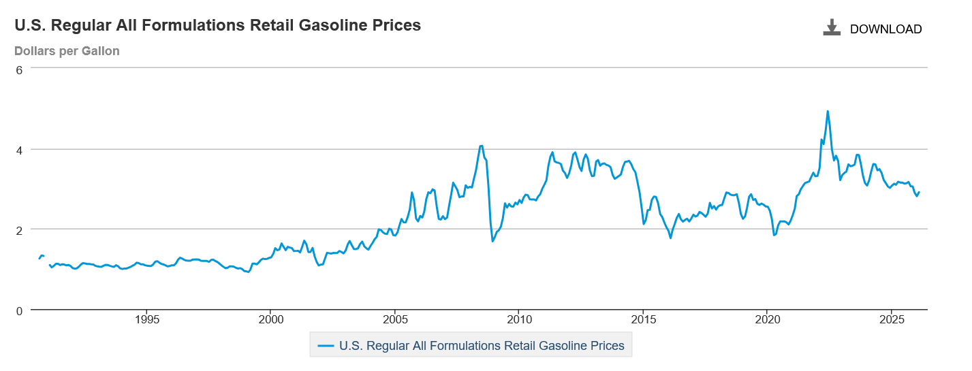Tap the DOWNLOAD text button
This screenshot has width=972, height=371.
tap(885, 29)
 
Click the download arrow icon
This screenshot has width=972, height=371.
tap(832, 28)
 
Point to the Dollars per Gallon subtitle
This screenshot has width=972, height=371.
tap(67, 51)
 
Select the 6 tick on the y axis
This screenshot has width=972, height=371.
tap(20, 69)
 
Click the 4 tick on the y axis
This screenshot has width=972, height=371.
tap(20, 149)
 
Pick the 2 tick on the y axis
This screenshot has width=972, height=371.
tap(20, 229)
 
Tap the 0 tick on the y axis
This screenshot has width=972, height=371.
tap(20, 310)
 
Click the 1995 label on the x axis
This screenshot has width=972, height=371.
tap(146, 319)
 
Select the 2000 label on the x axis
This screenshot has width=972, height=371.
tap(270, 319)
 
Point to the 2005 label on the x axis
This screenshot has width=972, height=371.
tap(395, 319)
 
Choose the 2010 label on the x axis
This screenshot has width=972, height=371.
tap(519, 319)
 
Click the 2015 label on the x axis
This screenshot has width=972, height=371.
tap(644, 319)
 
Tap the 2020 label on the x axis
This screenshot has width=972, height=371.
tap(768, 319)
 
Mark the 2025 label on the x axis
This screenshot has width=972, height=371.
tap(892, 319)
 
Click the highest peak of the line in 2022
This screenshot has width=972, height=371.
tap(828, 111)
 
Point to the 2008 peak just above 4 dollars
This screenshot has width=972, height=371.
tap(481, 146)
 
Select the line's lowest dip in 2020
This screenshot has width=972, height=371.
tap(774, 235)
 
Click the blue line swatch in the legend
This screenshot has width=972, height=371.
tap(326, 346)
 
